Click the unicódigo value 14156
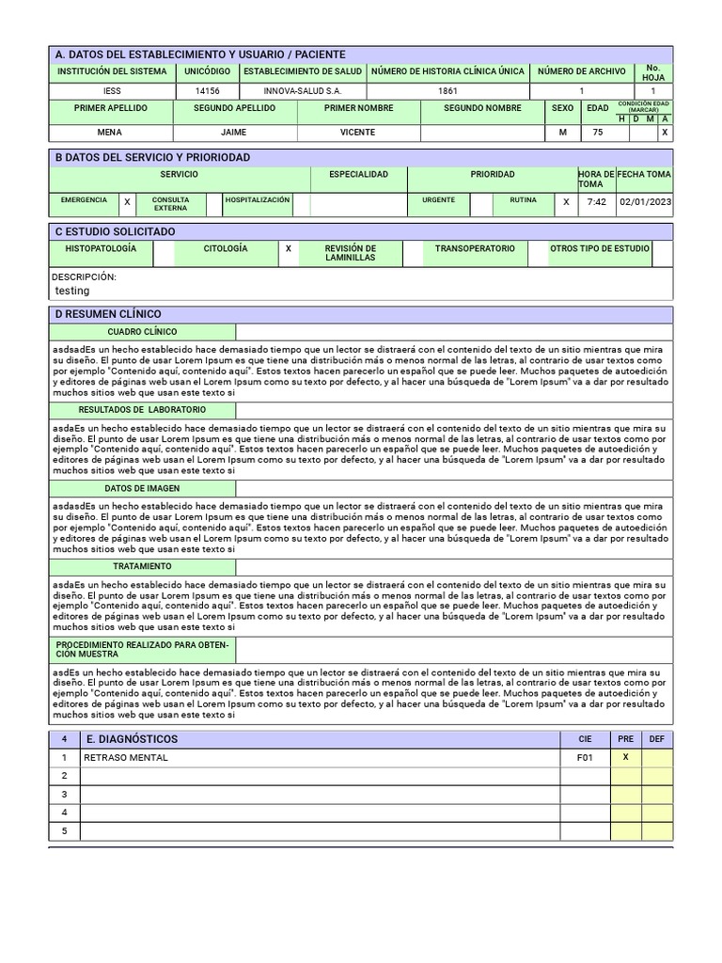pos(207,91)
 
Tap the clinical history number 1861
pos(447,91)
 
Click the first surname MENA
pos(110,134)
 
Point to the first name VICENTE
pos(357,134)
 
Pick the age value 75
pos(597,134)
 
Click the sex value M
pos(562,134)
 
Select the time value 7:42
pos(596,202)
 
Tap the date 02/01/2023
pos(645,202)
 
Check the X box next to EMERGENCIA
pos(127,201)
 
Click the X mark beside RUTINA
pos(566,201)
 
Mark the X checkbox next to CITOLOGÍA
pos(289,249)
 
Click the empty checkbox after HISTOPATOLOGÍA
pos(164,252)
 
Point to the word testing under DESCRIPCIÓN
pos(72,292)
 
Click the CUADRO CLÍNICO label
pos(142,332)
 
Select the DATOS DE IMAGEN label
pos(142,489)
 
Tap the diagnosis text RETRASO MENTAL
pos(126,758)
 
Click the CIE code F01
pos(585,758)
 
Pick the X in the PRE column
pos(626,758)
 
